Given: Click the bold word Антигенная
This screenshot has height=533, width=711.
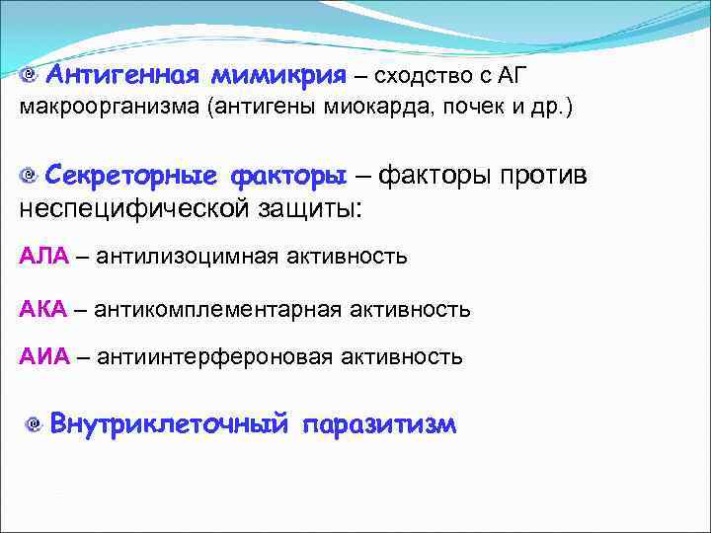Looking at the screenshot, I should [123, 75].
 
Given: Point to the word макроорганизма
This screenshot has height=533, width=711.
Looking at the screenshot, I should [109, 108].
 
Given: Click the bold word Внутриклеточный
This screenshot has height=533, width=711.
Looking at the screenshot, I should [169, 424].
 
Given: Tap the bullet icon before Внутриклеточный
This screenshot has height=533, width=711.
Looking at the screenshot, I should [34, 425].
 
